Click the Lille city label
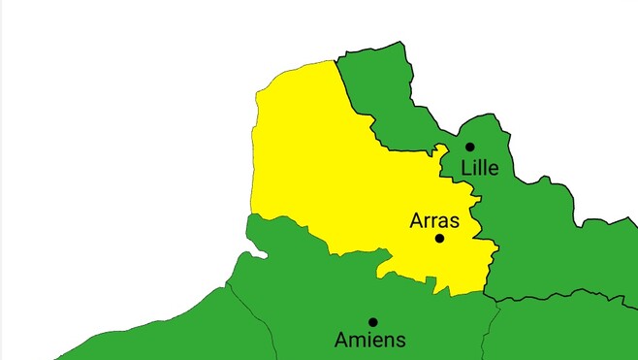click(479, 168)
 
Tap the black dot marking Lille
click(470, 147)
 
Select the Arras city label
click(434, 220)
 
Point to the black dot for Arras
click(439, 238)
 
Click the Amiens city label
click(369, 341)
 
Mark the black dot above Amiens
click(372, 321)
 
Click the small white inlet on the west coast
click(254, 255)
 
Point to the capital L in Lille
click(466, 168)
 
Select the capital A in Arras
click(417, 220)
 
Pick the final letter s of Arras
click(454, 222)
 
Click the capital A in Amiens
click(341, 341)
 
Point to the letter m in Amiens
click(357, 342)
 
